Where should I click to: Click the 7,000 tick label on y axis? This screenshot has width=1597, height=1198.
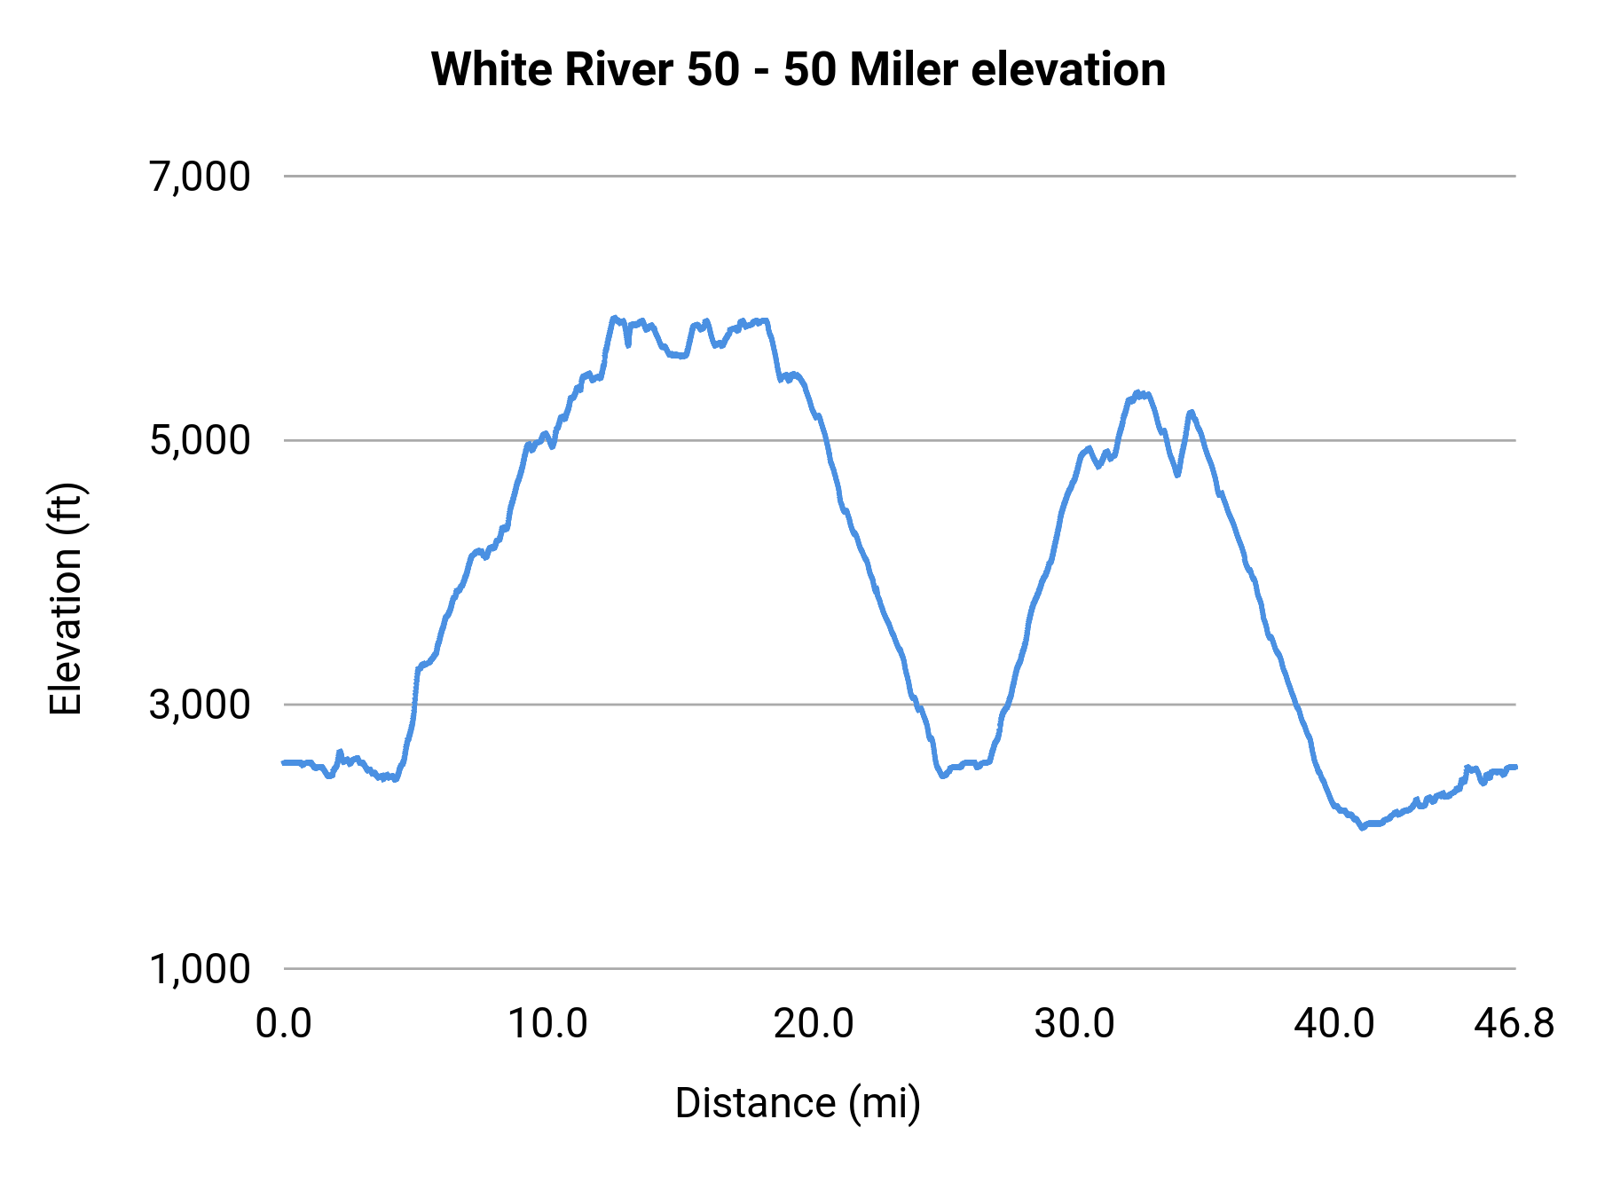(x=200, y=177)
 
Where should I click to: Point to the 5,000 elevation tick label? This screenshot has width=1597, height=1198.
(x=200, y=440)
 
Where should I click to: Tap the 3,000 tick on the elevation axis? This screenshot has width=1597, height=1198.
(x=200, y=705)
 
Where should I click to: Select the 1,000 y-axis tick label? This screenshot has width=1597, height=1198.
(x=200, y=969)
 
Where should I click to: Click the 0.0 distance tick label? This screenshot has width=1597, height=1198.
(x=283, y=1024)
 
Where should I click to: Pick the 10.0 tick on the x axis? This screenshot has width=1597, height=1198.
(x=547, y=1024)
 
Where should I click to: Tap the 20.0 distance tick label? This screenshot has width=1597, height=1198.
(x=813, y=1024)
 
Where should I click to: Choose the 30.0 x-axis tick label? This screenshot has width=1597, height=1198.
(x=1074, y=1024)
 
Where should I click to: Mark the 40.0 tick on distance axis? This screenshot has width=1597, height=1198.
(x=1334, y=1024)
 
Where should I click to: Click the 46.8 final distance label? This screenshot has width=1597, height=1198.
(x=1514, y=1024)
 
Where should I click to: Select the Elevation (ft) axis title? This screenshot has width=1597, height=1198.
(x=66, y=599)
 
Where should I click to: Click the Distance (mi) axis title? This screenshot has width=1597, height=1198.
(x=798, y=1103)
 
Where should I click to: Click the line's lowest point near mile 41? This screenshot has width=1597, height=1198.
(x=1362, y=827)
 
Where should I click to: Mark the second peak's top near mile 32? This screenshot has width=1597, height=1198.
(x=1138, y=392)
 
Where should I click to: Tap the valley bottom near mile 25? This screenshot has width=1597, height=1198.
(x=943, y=776)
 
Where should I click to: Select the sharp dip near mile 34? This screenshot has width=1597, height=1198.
(x=1177, y=475)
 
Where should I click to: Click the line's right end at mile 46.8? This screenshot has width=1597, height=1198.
(x=1515, y=767)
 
